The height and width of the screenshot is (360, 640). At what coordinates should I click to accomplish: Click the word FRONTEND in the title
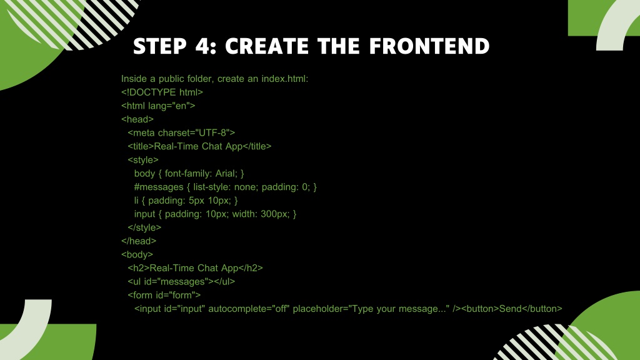[429, 46]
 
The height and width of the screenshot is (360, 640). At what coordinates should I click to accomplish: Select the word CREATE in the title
[267, 46]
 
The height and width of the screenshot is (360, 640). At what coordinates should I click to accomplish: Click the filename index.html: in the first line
[285, 79]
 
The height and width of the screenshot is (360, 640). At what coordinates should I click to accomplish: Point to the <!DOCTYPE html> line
[162, 92]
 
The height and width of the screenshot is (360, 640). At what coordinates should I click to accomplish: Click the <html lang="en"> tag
[158, 106]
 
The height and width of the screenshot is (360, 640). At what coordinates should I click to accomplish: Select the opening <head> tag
[137, 119]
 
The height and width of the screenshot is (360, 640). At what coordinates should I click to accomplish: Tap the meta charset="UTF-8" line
[181, 132]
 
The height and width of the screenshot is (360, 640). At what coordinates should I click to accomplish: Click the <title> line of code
[199, 146]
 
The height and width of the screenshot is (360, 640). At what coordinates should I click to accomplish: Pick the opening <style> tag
[143, 159]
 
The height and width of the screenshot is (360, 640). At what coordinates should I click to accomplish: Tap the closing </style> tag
[144, 227]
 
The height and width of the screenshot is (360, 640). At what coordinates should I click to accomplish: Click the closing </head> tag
[139, 241]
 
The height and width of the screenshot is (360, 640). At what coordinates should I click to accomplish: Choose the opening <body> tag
[137, 254]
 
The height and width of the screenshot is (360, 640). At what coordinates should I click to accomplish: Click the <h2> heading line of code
[196, 267]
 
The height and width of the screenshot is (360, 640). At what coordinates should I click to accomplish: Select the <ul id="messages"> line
[181, 281]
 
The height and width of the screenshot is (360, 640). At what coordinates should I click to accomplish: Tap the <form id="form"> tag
[164, 295]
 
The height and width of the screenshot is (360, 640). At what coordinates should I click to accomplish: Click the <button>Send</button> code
[512, 309]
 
